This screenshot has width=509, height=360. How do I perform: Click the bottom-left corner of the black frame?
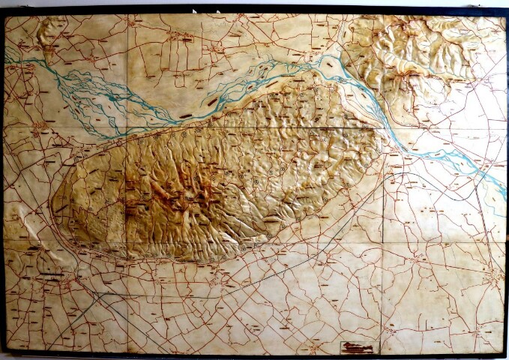pyautogui.click(x=4, y=352)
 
